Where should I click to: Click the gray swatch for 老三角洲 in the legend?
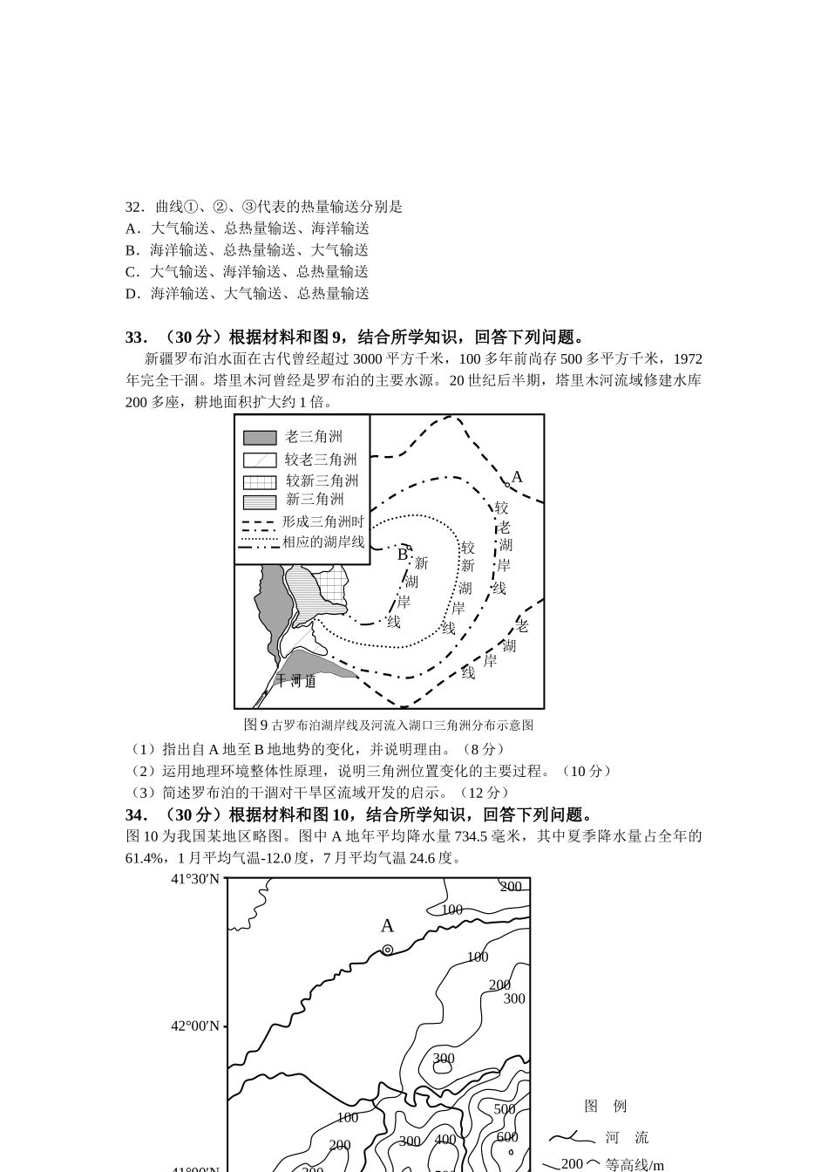[259, 438]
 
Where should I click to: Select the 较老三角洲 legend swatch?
[259, 460]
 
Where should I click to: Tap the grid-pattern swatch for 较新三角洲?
[259, 481]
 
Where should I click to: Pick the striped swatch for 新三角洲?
[259, 501]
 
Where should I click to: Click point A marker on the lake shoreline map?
[507, 484]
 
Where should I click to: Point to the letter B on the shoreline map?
[402, 554]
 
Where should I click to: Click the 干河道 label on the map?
[295, 681]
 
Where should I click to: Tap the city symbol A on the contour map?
[387, 950]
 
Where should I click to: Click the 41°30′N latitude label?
[194, 879]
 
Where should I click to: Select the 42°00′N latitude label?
[194, 1026]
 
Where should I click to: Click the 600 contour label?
[507, 1137]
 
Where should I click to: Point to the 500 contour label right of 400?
[505, 1109]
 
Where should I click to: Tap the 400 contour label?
[445, 1140]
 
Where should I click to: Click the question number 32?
[133, 207]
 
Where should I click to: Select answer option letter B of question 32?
[132, 250]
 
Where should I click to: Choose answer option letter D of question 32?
[132, 294]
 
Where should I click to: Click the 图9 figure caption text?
[389, 725]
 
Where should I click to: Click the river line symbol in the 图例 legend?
[567, 1137]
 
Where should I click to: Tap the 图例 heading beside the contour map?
[605, 1106]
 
